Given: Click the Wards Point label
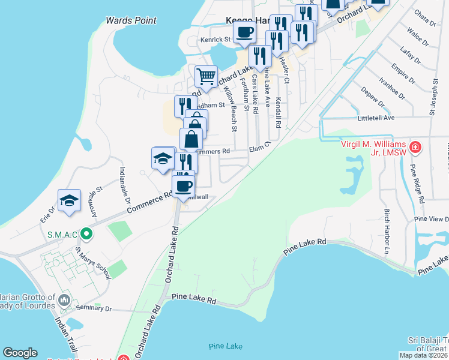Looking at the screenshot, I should [x=131, y=20].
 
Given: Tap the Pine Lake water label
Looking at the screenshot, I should [x=226, y=347].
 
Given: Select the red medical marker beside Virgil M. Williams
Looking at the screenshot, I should [x=415, y=147].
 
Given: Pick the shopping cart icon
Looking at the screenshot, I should [x=206, y=76].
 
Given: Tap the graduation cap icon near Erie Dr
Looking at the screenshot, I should [x=69, y=200].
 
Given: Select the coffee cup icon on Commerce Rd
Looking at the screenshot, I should [x=183, y=185].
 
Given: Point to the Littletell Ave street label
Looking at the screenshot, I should [x=376, y=118].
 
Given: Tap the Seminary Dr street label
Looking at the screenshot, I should [x=94, y=308].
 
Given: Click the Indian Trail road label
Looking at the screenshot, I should [x=63, y=334].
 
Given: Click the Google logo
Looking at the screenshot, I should [x=20, y=353].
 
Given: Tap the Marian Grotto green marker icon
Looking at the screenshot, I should [x=65, y=298].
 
